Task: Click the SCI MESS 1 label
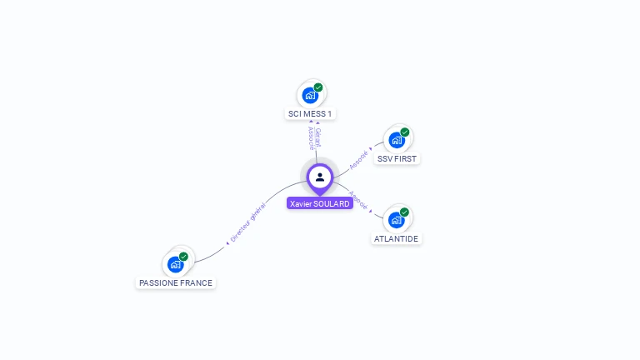(x=311, y=113)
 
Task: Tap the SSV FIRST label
(x=397, y=158)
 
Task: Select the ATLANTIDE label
(x=396, y=238)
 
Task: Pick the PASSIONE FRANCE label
(x=176, y=282)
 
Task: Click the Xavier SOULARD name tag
(x=319, y=203)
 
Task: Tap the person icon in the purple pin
(x=320, y=177)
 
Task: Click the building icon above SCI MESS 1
(x=310, y=95)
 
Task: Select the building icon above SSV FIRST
(x=397, y=140)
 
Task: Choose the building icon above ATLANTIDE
(x=396, y=220)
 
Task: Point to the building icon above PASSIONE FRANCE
(x=175, y=264)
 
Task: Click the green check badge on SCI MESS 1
(x=318, y=87)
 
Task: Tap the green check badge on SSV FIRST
(x=405, y=132)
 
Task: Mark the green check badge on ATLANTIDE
(x=404, y=212)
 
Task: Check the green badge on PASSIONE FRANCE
(x=183, y=257)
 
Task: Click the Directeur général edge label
(x=247, y=222)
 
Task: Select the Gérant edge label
(x=317, y=137)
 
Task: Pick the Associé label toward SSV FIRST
(x=359, y=158)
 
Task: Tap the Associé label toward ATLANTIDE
(x=358, y=199)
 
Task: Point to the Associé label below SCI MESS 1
(x=310, y=138)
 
